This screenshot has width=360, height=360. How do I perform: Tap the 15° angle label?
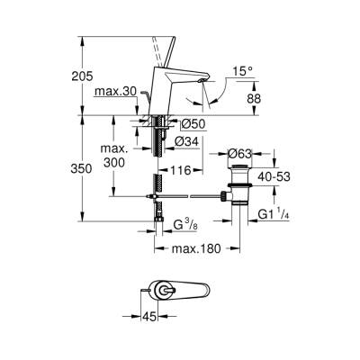pos(237,70)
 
